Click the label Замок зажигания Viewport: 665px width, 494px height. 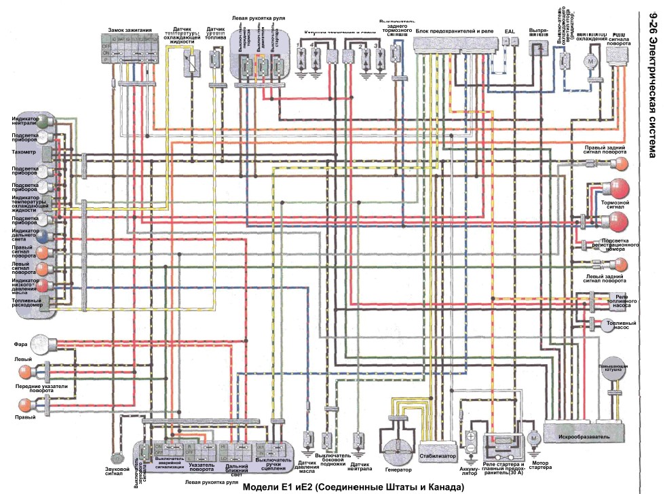pos(131,31)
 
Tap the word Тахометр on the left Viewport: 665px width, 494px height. pos(23,153)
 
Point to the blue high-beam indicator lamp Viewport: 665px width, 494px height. pos(43,236)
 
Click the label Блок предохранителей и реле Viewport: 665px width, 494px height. pos(454,31)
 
